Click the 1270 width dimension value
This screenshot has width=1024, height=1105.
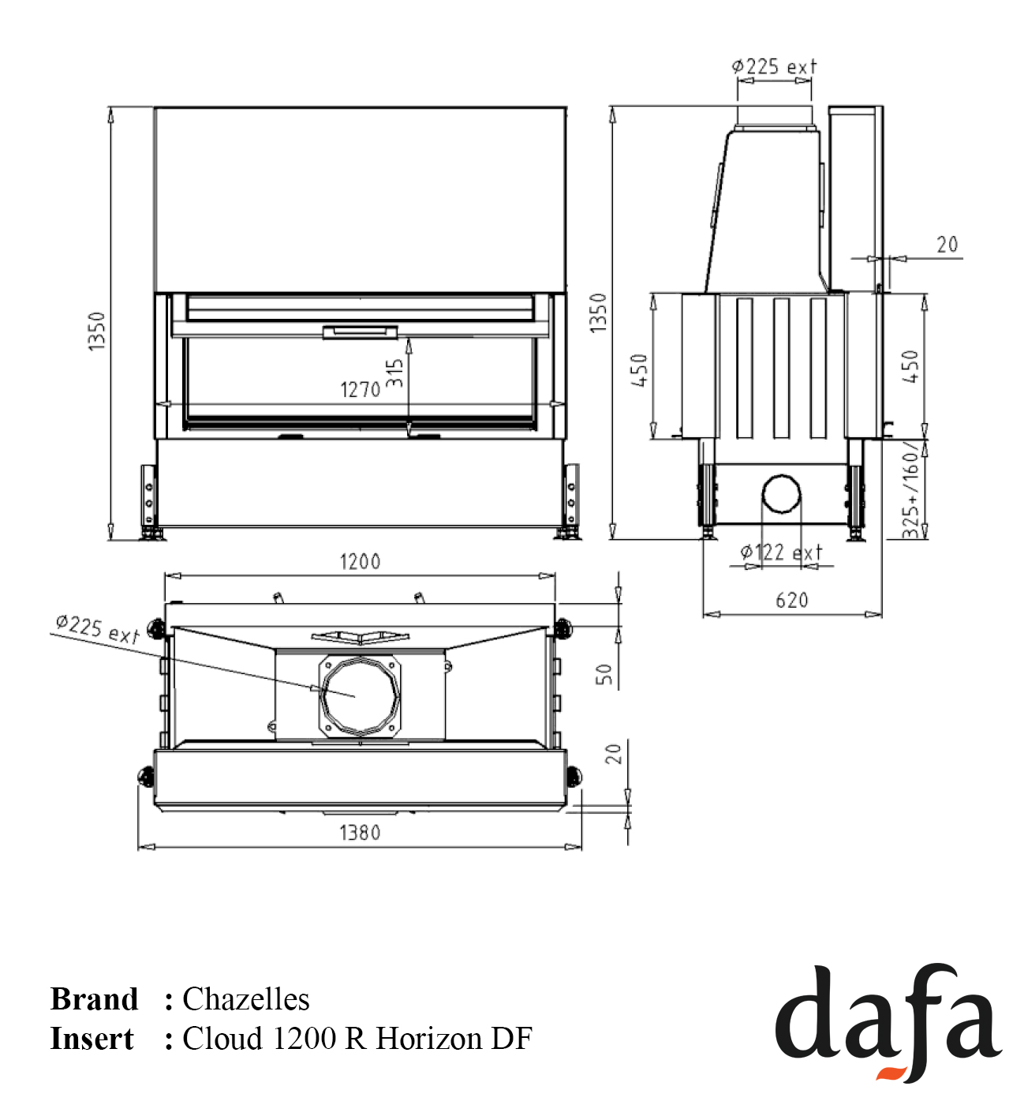coord(361,389)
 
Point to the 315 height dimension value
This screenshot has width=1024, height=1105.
coord(394,373)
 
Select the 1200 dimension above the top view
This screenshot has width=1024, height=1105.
coord(361,561)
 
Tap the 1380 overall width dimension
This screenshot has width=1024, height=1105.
coord(361,833)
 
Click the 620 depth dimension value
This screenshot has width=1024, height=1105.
coord(792,601)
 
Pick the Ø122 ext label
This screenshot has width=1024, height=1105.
coord(781,552)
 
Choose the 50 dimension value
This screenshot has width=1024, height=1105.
coord(604,674)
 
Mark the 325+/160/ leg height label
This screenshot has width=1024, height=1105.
coord(910,489)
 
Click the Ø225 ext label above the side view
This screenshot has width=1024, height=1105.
coord(774,67)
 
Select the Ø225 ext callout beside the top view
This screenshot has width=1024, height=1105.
coord(97,630)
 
